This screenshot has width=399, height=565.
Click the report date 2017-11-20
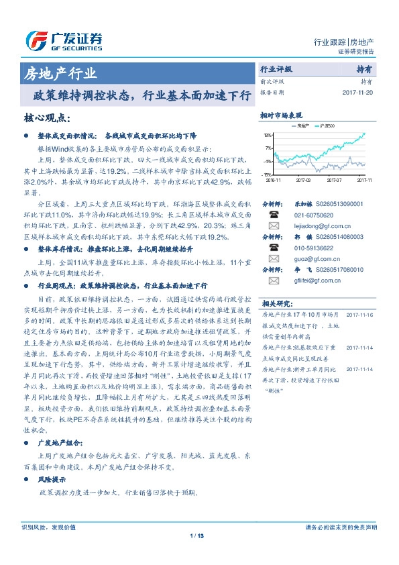(358, 92)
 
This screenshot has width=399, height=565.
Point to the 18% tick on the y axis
(268, 136)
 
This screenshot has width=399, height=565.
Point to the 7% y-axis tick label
(269, 148)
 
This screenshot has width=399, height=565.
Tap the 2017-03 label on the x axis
(303, 180)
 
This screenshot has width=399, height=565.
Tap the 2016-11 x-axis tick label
(273, 180)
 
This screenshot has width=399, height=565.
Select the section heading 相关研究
(276, 303)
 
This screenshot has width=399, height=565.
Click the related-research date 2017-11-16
(360, 315)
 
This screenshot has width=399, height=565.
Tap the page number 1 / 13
(196, 554)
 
